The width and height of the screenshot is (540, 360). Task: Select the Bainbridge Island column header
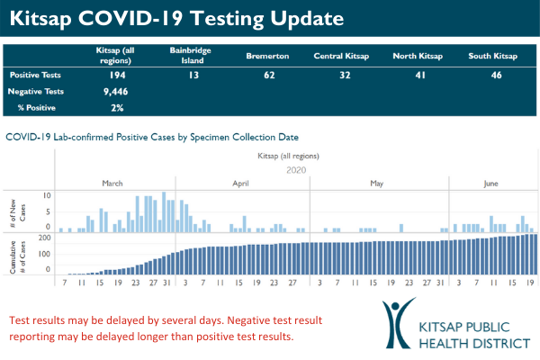[x=190, y=55]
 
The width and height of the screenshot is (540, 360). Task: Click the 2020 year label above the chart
[x=297, y=168]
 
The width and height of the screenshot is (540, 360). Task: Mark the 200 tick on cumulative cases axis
[x=43, y=238]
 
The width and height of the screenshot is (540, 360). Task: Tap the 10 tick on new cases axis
[x=47, y=195]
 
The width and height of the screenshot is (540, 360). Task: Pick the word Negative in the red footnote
[x=209, y=321]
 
